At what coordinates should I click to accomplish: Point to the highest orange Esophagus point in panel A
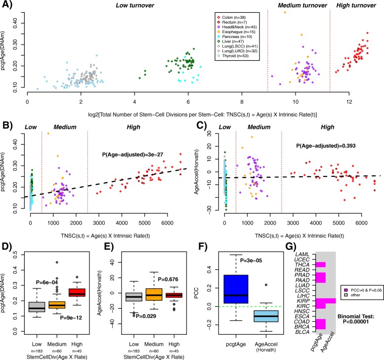pos(285,12)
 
